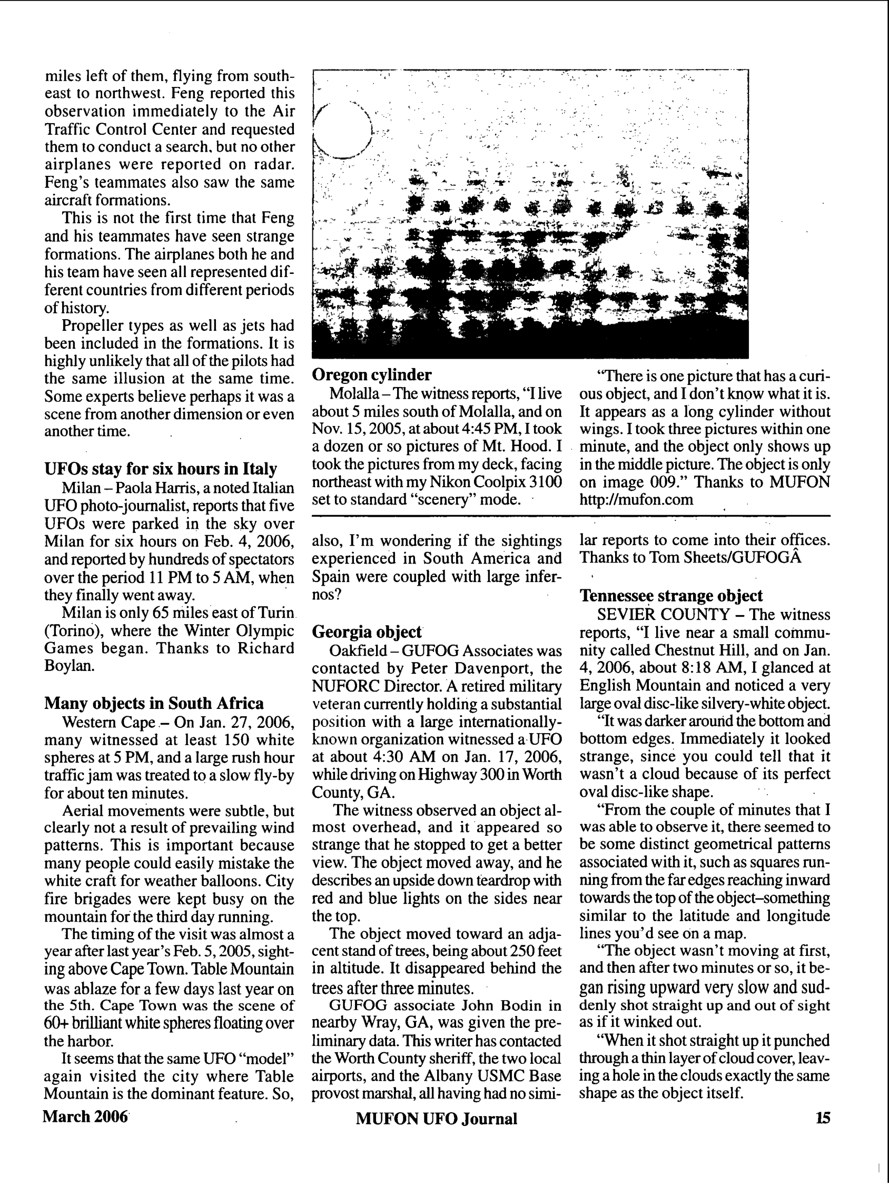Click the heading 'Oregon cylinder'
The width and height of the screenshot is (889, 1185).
pos(371,375)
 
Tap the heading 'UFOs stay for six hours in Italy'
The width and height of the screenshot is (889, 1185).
pos(161,469)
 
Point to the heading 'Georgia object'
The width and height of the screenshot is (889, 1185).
pos(367,632)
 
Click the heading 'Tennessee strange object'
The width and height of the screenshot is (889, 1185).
pos(671,596)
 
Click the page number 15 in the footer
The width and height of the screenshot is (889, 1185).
pos(823,1118)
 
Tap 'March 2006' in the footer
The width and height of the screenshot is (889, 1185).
pos(86,1117)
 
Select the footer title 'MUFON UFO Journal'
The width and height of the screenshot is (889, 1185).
pos(436,1119)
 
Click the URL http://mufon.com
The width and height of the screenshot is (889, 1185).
pos(636,500)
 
